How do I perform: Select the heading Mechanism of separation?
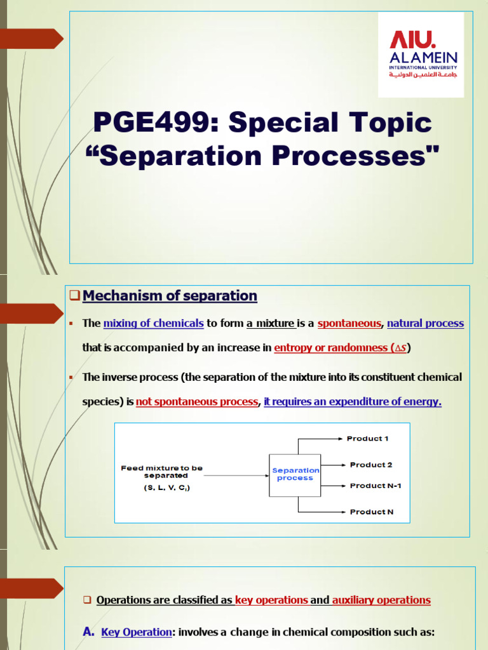click(x=170, y=296)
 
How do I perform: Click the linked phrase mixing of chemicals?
click(x=154, y=323)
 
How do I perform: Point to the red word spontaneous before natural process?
click(x=349, y=323)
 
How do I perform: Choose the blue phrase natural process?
click(x=425, y=323)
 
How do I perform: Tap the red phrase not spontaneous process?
click(x=197, y=401)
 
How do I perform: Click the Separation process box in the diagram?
click(x=295, y=475)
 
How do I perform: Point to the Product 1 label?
click(x=368, y=439)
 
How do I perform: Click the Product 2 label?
click(x=371, y=465)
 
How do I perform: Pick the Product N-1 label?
click(x=376, y=486)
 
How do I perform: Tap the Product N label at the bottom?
click(x=371, y=512)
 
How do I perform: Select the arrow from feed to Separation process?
click(x=236, y=475)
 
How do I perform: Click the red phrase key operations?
click(x=271, y=600)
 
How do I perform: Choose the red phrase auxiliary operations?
click(x=381, y=600)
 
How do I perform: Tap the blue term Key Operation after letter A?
click(x=137, y=632)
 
